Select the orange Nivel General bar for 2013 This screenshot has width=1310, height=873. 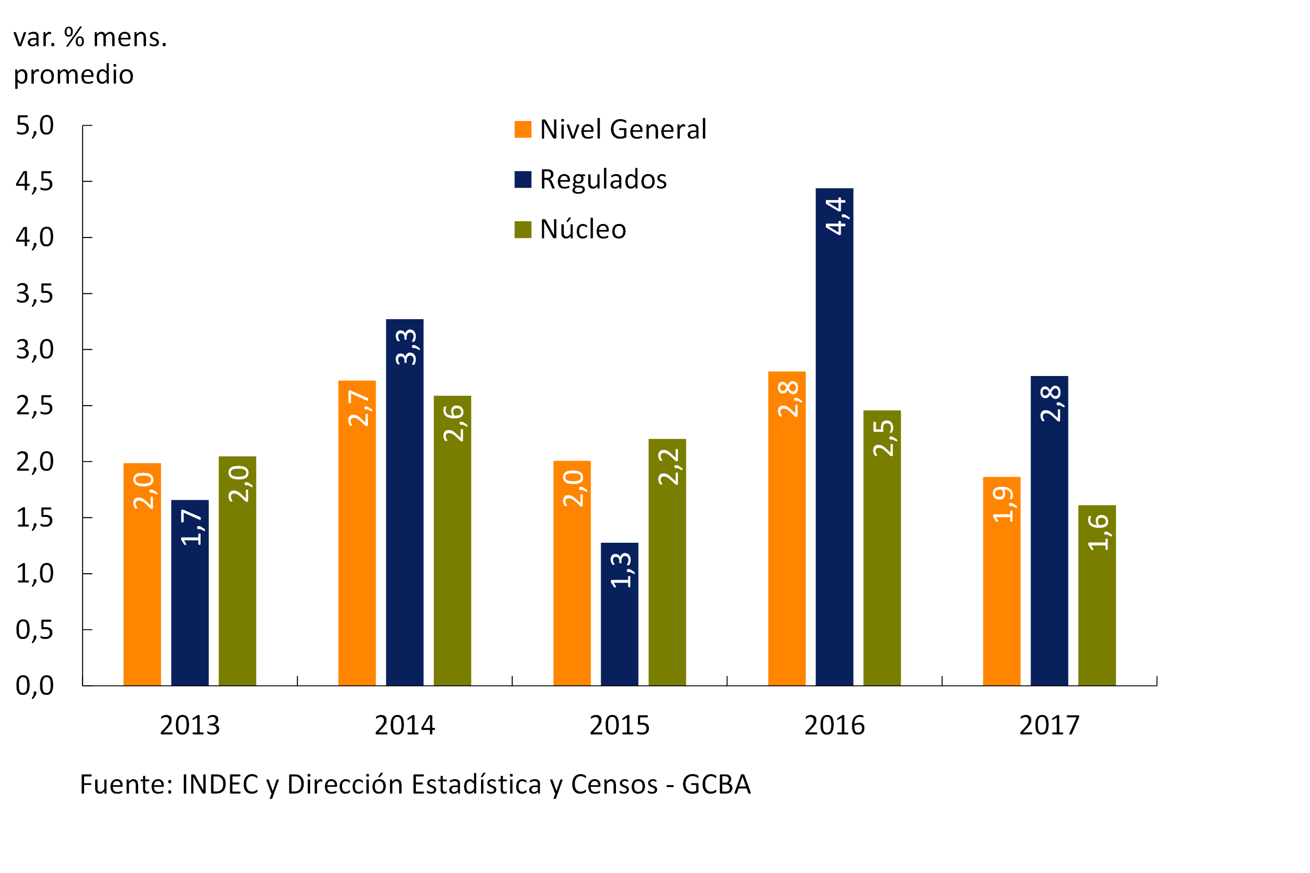(142, 579)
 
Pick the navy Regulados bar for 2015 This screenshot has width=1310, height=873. (619, 618)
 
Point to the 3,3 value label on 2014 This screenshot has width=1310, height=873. (406, 347)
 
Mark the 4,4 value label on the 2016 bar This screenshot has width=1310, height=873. (835, 216)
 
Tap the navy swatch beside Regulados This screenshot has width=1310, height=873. (523, 179)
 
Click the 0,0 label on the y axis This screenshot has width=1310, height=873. (35, 685)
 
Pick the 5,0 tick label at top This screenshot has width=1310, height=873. (35, 126)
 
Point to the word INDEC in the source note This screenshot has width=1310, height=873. (220, 784)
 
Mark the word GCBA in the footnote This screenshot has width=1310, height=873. (716, 784)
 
